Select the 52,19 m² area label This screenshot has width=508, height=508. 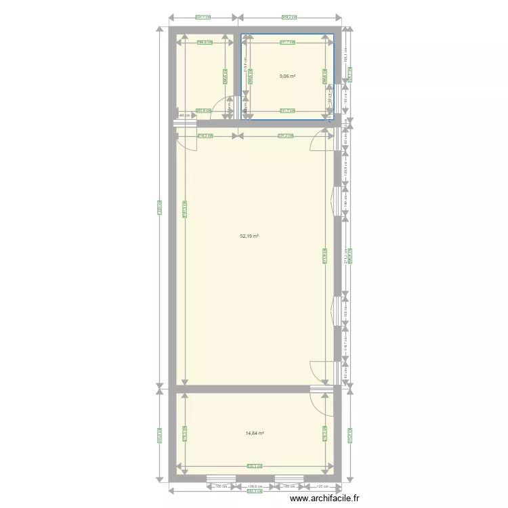(249, 236)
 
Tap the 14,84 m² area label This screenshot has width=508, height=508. (255, 433)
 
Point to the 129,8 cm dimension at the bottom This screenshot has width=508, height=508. (255, 486)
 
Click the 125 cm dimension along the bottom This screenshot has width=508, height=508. (320, 486)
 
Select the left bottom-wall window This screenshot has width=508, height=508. (220, 479)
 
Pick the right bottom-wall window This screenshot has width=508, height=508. (289, 479)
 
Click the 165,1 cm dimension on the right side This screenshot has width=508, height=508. (345, 58)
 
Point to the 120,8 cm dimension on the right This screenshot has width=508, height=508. (345, 166)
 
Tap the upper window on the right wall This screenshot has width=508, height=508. (336, 202)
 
